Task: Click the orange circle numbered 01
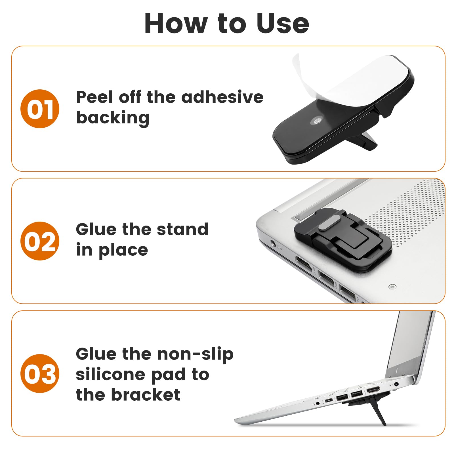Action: (x=40, y=109)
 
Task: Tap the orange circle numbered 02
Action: (x=40, y=241)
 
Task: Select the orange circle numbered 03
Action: (x=40, y=373)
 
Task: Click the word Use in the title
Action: (x=283, y=24)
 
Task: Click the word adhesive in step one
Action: (x=222, y=97)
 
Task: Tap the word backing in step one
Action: (x=113, y=118)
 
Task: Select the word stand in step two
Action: (x=182, y=229)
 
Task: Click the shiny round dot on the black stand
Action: (x=316, y=121)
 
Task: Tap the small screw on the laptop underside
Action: (x=392, y=286)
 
